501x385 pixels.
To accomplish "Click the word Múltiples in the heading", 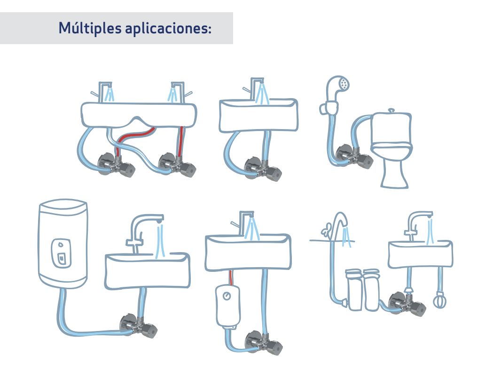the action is tap(90, 28).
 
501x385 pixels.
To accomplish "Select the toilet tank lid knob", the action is tap(391, 110).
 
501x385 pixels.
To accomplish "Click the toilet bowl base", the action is tap(394, 172).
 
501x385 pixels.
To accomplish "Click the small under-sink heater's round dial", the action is tap(227, 296).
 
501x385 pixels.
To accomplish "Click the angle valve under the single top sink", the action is tap(263, 169).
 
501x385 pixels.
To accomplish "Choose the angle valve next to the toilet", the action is tap(354, 156).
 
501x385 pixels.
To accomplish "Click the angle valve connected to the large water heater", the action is tap(138, 326).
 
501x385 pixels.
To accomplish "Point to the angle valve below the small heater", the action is tap(264, 343).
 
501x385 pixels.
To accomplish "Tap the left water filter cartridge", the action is tap(354, 290).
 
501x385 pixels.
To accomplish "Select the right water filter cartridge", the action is tap(371, 290).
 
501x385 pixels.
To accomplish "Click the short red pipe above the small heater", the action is tap(231, 278).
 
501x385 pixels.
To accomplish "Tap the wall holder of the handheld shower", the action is tap(329, 108).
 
